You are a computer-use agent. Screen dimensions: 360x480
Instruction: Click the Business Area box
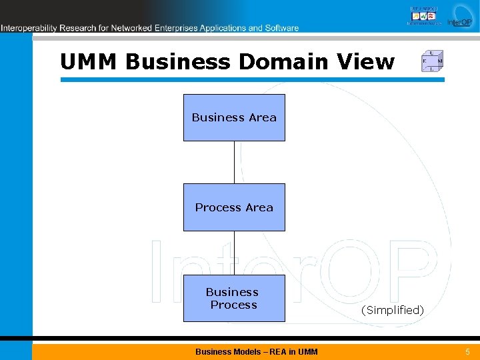pos(234,117)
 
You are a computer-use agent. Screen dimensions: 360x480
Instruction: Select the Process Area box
pos(234,207)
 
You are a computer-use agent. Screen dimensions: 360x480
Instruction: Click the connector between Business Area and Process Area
pos(234,162)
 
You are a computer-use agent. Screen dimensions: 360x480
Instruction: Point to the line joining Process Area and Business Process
pos(234,253)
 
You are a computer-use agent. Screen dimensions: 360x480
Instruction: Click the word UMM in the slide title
pos(89,61)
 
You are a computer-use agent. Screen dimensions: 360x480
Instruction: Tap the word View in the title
pos(366,61)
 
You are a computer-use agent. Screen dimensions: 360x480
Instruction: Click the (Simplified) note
pos(392,310)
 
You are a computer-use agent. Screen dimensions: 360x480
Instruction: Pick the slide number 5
pos(467,351)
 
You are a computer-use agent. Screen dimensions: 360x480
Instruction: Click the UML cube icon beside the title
pos(432,61)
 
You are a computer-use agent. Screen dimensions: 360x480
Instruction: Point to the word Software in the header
pos(282,28)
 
